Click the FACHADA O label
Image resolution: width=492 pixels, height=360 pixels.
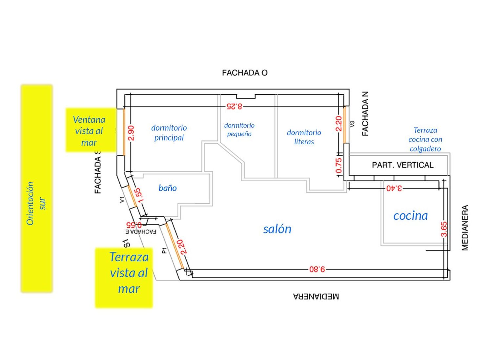[x=245, y=73]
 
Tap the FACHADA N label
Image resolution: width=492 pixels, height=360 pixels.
[x=365, y=114]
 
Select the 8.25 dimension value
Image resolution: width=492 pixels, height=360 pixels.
[x=235, y=107]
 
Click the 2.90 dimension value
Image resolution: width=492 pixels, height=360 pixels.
[x=131, y=133]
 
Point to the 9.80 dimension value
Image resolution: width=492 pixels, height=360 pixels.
[x=317, y=269]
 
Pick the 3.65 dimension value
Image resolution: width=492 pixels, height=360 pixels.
[x=444, y=229]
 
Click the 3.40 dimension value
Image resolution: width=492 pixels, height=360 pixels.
[x=394, y=188]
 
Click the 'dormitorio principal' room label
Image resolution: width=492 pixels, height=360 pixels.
[x=169, y=133]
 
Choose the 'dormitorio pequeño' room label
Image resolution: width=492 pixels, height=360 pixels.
[x=239, y=130]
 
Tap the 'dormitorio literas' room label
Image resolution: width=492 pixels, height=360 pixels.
[x=304, y=137]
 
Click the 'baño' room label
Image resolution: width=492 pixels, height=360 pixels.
[x=168, y=188]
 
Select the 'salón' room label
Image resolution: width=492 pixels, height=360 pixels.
[x=277, y=229]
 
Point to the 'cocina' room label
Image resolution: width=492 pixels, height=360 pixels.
[x=411, y=216]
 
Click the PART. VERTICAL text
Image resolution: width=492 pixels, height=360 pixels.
[x=403, y=165]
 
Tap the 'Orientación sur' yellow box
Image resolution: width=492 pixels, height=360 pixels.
[x=37, y=188]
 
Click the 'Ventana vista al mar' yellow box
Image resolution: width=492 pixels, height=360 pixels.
[x=91, y=130]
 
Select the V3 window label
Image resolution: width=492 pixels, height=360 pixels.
[x=352, y=124]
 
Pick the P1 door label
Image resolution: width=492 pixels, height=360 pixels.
[x=165, y=250]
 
